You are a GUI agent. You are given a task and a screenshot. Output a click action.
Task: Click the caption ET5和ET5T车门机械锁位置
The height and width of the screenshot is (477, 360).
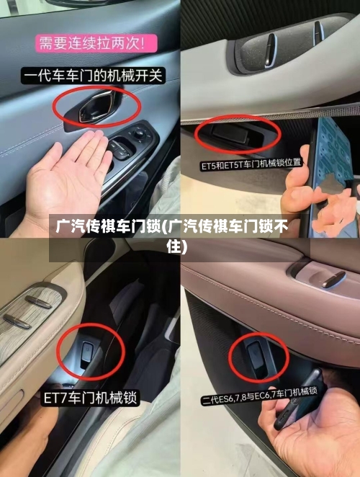251,164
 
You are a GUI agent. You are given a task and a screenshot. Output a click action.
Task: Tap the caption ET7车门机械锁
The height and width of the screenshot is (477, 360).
91,397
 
